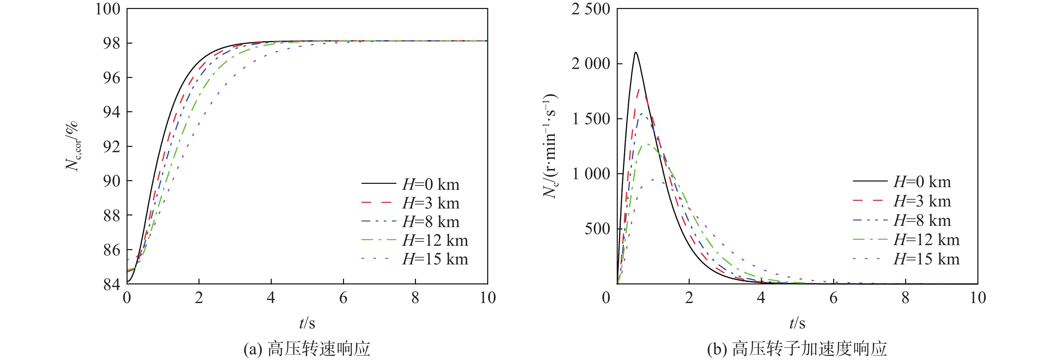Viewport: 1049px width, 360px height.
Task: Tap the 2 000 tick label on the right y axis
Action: tap(591, 64)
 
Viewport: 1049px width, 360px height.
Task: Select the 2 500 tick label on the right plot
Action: tap(591, 9)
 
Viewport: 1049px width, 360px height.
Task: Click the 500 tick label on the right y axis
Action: tap(597, 229)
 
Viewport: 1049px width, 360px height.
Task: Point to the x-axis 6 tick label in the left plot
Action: tap(343, 298)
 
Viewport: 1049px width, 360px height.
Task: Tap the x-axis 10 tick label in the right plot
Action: tap(977, 298)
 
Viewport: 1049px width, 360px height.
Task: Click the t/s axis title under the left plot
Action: tap(307, 323)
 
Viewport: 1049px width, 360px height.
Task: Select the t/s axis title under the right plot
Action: tap(797, 323)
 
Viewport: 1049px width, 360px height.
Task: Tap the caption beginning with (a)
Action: tap(307, 349)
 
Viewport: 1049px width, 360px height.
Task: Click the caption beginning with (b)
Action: tap(797, 349)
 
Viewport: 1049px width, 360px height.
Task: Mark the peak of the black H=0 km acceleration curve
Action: tap(635, 52)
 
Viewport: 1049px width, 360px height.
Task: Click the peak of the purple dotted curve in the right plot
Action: tap(653, 179)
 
